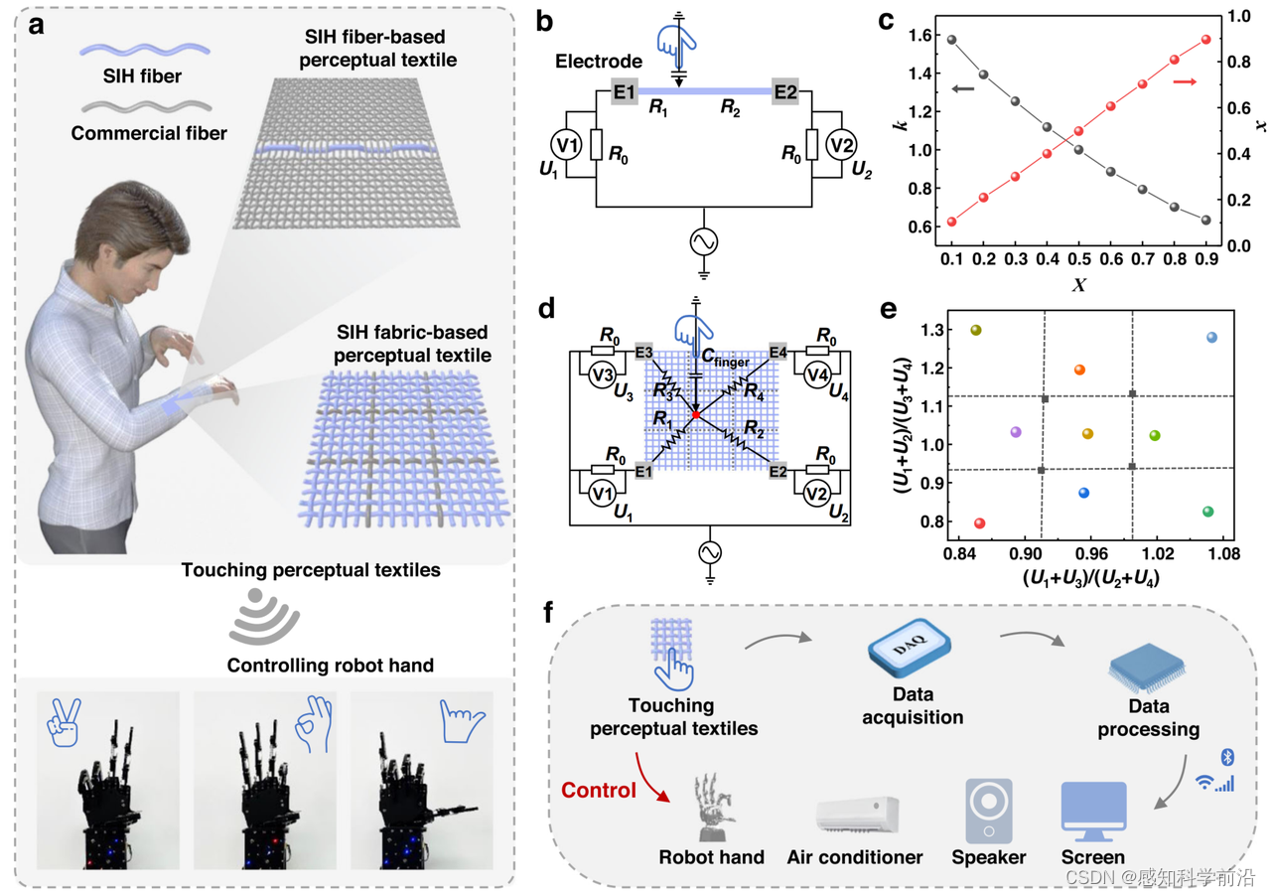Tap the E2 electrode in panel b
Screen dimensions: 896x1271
(785, 93)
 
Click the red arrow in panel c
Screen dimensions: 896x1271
(1185, 81)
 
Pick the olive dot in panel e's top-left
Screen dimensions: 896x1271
(976, 330)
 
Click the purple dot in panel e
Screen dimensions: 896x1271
(1016, 432)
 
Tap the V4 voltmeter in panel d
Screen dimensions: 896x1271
(816, 375)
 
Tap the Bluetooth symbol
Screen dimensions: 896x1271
(1227, 758)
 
